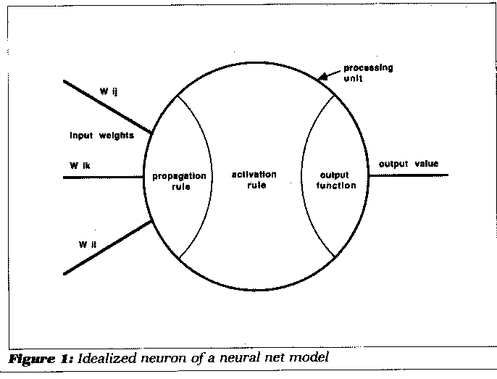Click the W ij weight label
[x=109, y=92]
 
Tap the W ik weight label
[x=80, y=166]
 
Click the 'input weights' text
[x=101, y=136]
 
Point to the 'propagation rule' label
[x=180, y=180]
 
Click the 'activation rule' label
[x=254, y=180]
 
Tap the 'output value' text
[x=409, y=164]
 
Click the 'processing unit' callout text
[x=367, y=73]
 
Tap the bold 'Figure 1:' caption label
[x=39, y=357]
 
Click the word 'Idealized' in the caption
[x=104, y=357]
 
